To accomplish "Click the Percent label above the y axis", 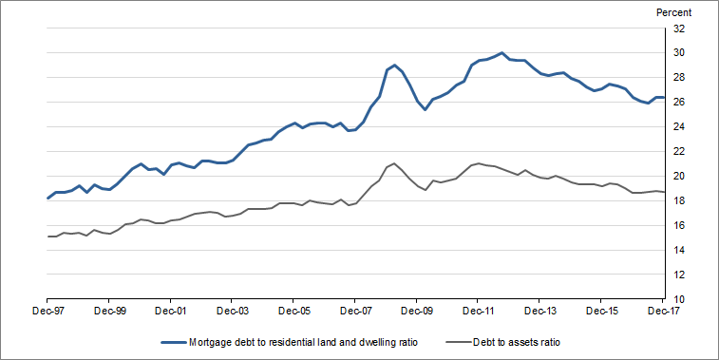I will tap(674, 12).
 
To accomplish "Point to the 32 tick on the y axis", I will tap(679, 28).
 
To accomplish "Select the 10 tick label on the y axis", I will tap(679, 299).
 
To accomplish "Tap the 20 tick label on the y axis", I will tap(679, 176).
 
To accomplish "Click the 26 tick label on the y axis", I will tap(679, 102).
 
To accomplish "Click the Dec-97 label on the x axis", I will tap(47, 310).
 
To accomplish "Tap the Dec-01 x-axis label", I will tap(170, 310).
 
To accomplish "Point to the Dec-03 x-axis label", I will tap(232, 310).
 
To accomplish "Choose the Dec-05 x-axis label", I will tap(293, 310).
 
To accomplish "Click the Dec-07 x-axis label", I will tap(355, 310).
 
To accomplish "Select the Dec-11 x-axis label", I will tap(479, 310).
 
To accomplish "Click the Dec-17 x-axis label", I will tap(662, 310).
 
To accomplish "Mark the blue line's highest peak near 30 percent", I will tap(501, 53).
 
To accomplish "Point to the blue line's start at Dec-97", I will tap(47, 198).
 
